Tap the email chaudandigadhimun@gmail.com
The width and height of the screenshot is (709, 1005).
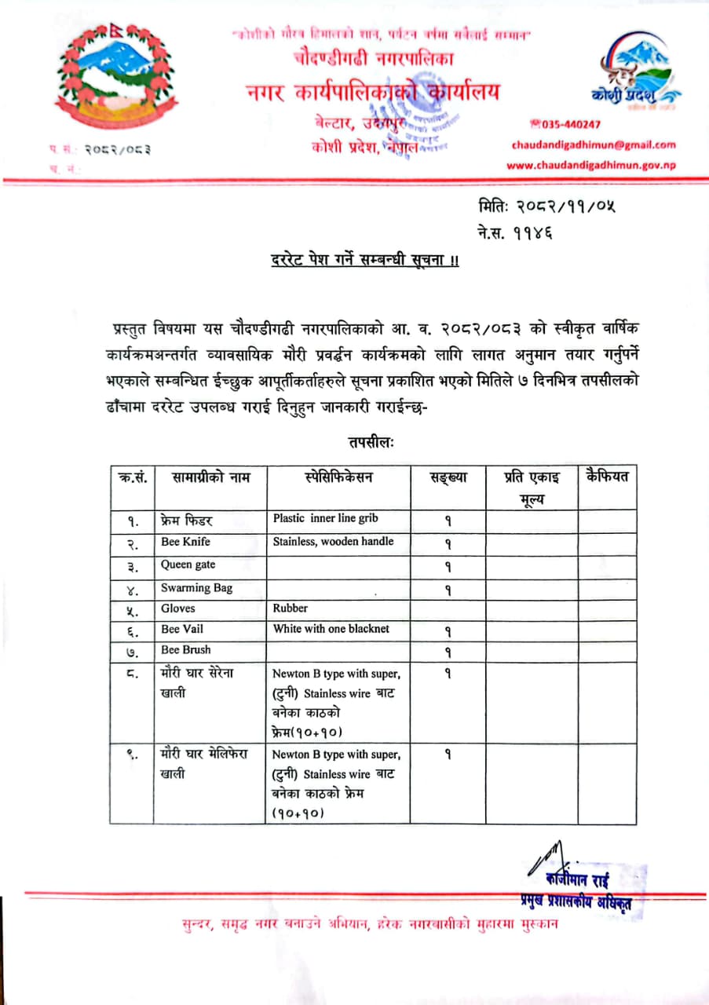pos(593,144)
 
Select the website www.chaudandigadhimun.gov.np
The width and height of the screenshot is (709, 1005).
pos(590,165)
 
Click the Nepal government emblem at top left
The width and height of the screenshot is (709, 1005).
pos(117,75)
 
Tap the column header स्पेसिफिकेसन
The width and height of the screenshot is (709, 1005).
pos(338,477)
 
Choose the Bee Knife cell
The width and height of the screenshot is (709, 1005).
pos(186,543)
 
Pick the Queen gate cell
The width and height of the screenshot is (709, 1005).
pos(188,565)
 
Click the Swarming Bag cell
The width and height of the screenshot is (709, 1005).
pos(196,588)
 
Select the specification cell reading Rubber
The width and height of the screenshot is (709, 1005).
pos(291,608)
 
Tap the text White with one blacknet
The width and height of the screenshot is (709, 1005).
pos(331,629)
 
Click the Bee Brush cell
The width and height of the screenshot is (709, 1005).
pos(186,650)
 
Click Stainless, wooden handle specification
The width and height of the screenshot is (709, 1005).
pos(333,542)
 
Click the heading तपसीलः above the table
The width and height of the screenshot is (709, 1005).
pos(371,443)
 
